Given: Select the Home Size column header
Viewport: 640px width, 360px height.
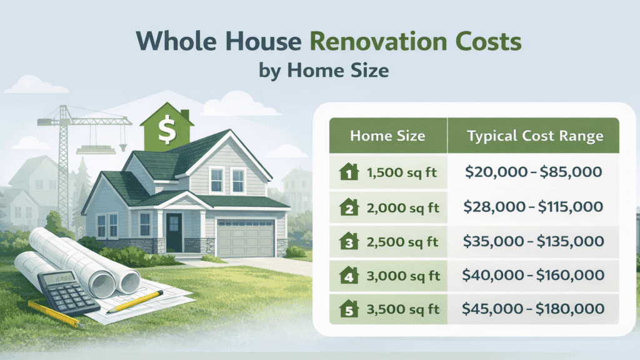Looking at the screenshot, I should click(x=387, y=136).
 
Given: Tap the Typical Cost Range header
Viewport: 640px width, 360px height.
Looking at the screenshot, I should click(x=534, y=136).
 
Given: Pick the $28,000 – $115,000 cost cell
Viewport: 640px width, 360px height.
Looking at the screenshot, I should click(x=534, y=206).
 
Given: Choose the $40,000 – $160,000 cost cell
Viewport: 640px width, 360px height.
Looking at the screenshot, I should click(x=534, y=274).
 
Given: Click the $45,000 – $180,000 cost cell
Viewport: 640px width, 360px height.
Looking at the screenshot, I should click(x=534, y=308).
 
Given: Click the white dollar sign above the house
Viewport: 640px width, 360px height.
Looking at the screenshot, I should click(x=166, y=130).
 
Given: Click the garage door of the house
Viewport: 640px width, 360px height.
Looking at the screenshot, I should click(x=245, y=238).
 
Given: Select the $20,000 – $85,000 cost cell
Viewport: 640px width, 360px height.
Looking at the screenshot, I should click(x=534, y=171).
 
